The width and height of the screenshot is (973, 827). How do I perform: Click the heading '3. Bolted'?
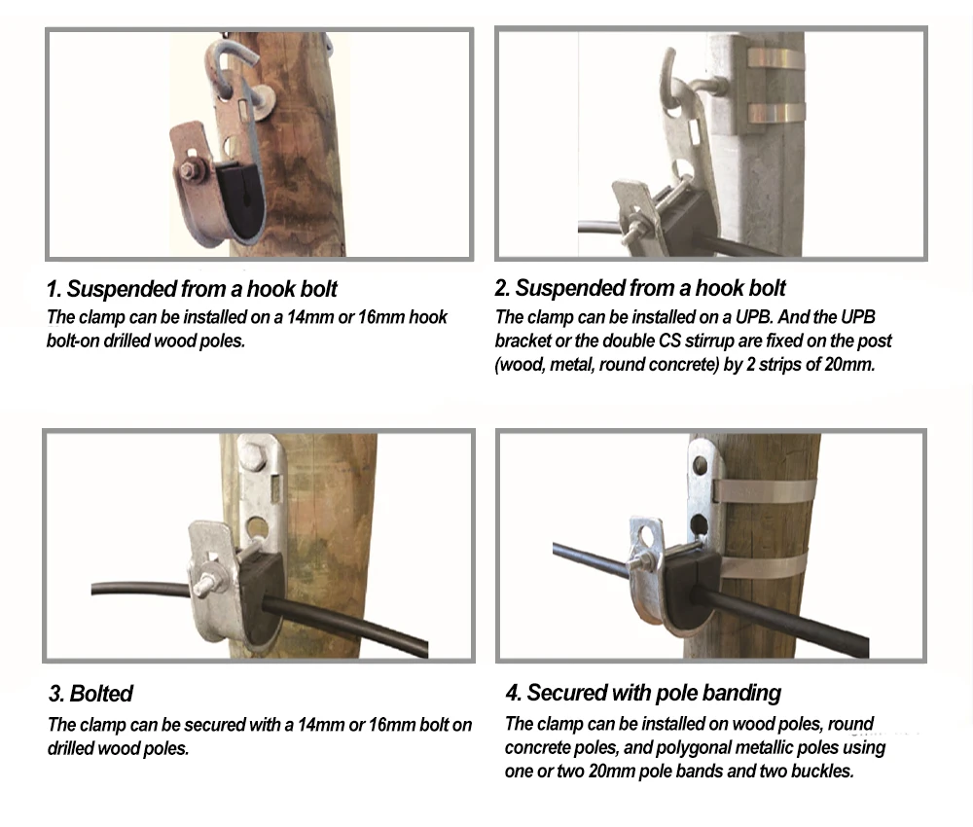(90, 693)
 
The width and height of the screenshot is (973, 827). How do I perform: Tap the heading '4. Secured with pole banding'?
(643, 693)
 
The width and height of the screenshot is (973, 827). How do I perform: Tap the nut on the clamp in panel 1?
(190, 168)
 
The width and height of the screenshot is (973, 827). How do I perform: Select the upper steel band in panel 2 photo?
(775, 57)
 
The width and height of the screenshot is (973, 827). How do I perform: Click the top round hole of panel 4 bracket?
(701, 463)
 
